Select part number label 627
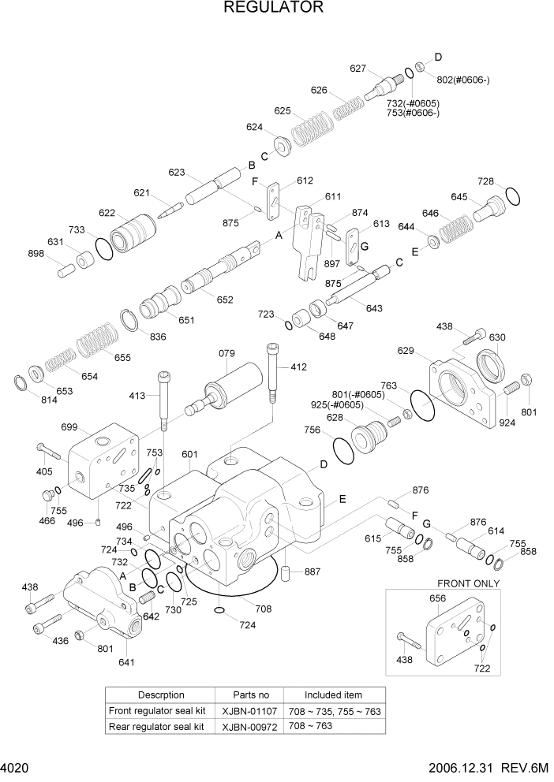pos(358,69)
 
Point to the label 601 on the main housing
pos(189,454)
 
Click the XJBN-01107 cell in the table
pos(251,710)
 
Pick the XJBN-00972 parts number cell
pos(251,725)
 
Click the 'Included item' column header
pos(334,694)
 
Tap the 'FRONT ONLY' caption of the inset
pos(469,583)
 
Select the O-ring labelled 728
pos(511,196)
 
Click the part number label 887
pos(313,572)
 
